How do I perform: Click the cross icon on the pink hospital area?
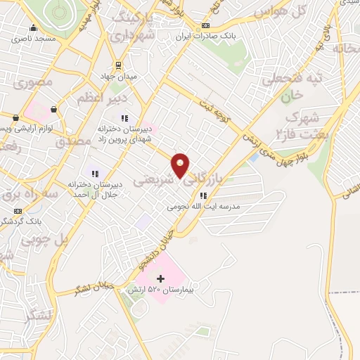point(160,279)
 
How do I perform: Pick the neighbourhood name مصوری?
point(30,83)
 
